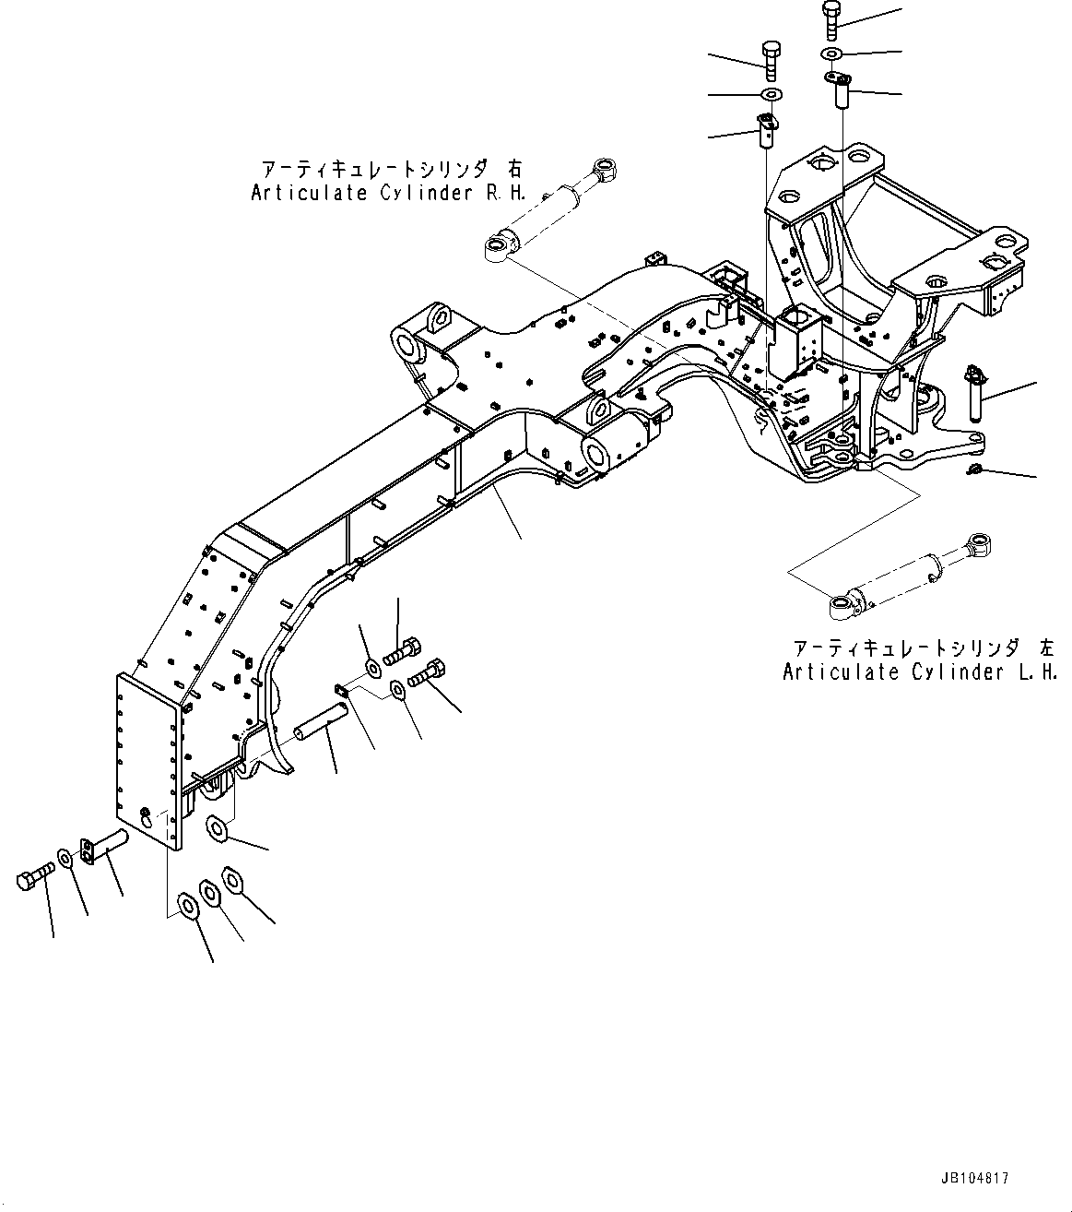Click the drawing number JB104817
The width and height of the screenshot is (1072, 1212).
[x=974, y=1179]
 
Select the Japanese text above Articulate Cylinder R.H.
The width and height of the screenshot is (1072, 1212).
[x=392, y=170]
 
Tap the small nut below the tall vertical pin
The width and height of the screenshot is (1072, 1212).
[x=973, y=472]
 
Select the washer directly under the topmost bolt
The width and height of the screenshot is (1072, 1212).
[x=832, y=53]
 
